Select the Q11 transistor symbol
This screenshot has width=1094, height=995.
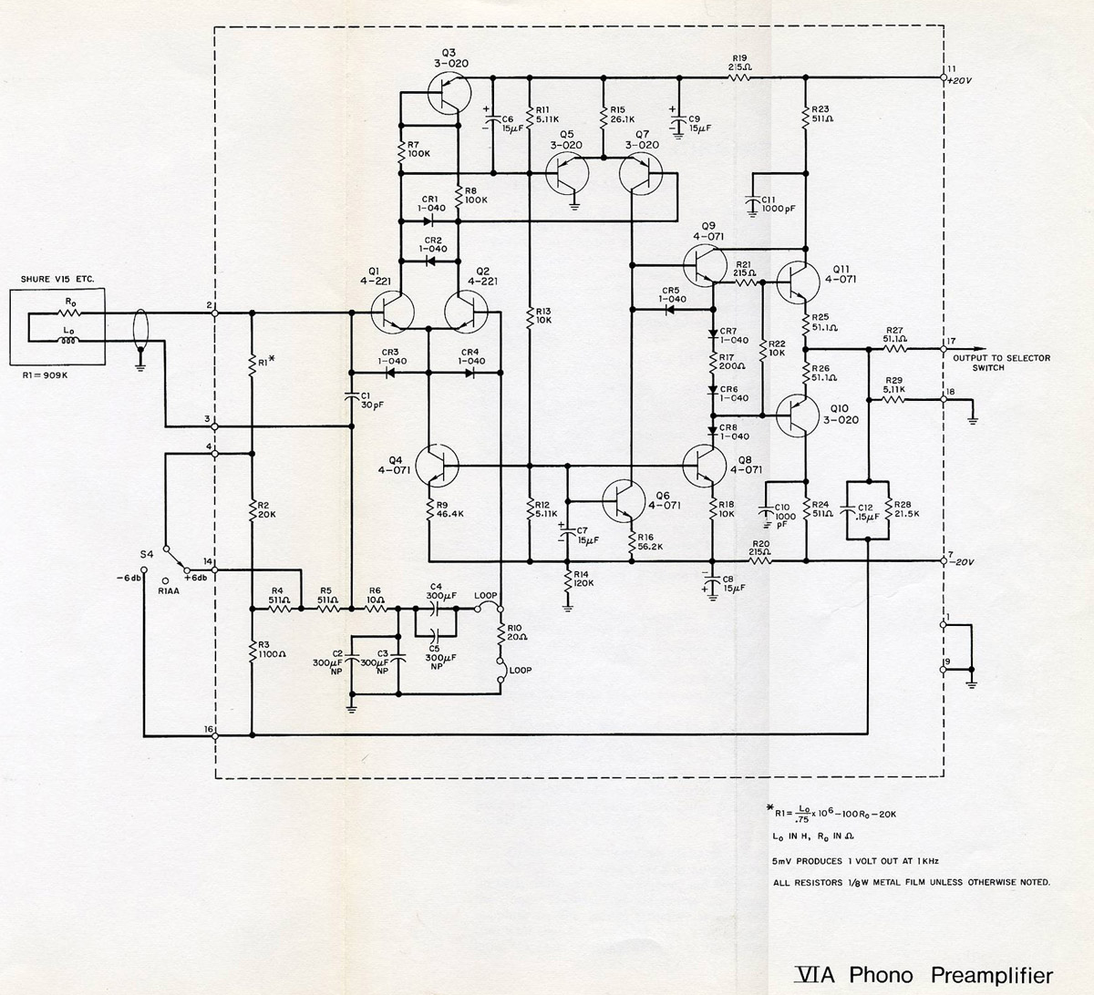click(799, 283)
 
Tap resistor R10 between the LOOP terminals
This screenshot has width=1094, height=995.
click(500, 634)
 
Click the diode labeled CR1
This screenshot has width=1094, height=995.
click(430, 220)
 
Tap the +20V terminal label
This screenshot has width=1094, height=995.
click(961, 80)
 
